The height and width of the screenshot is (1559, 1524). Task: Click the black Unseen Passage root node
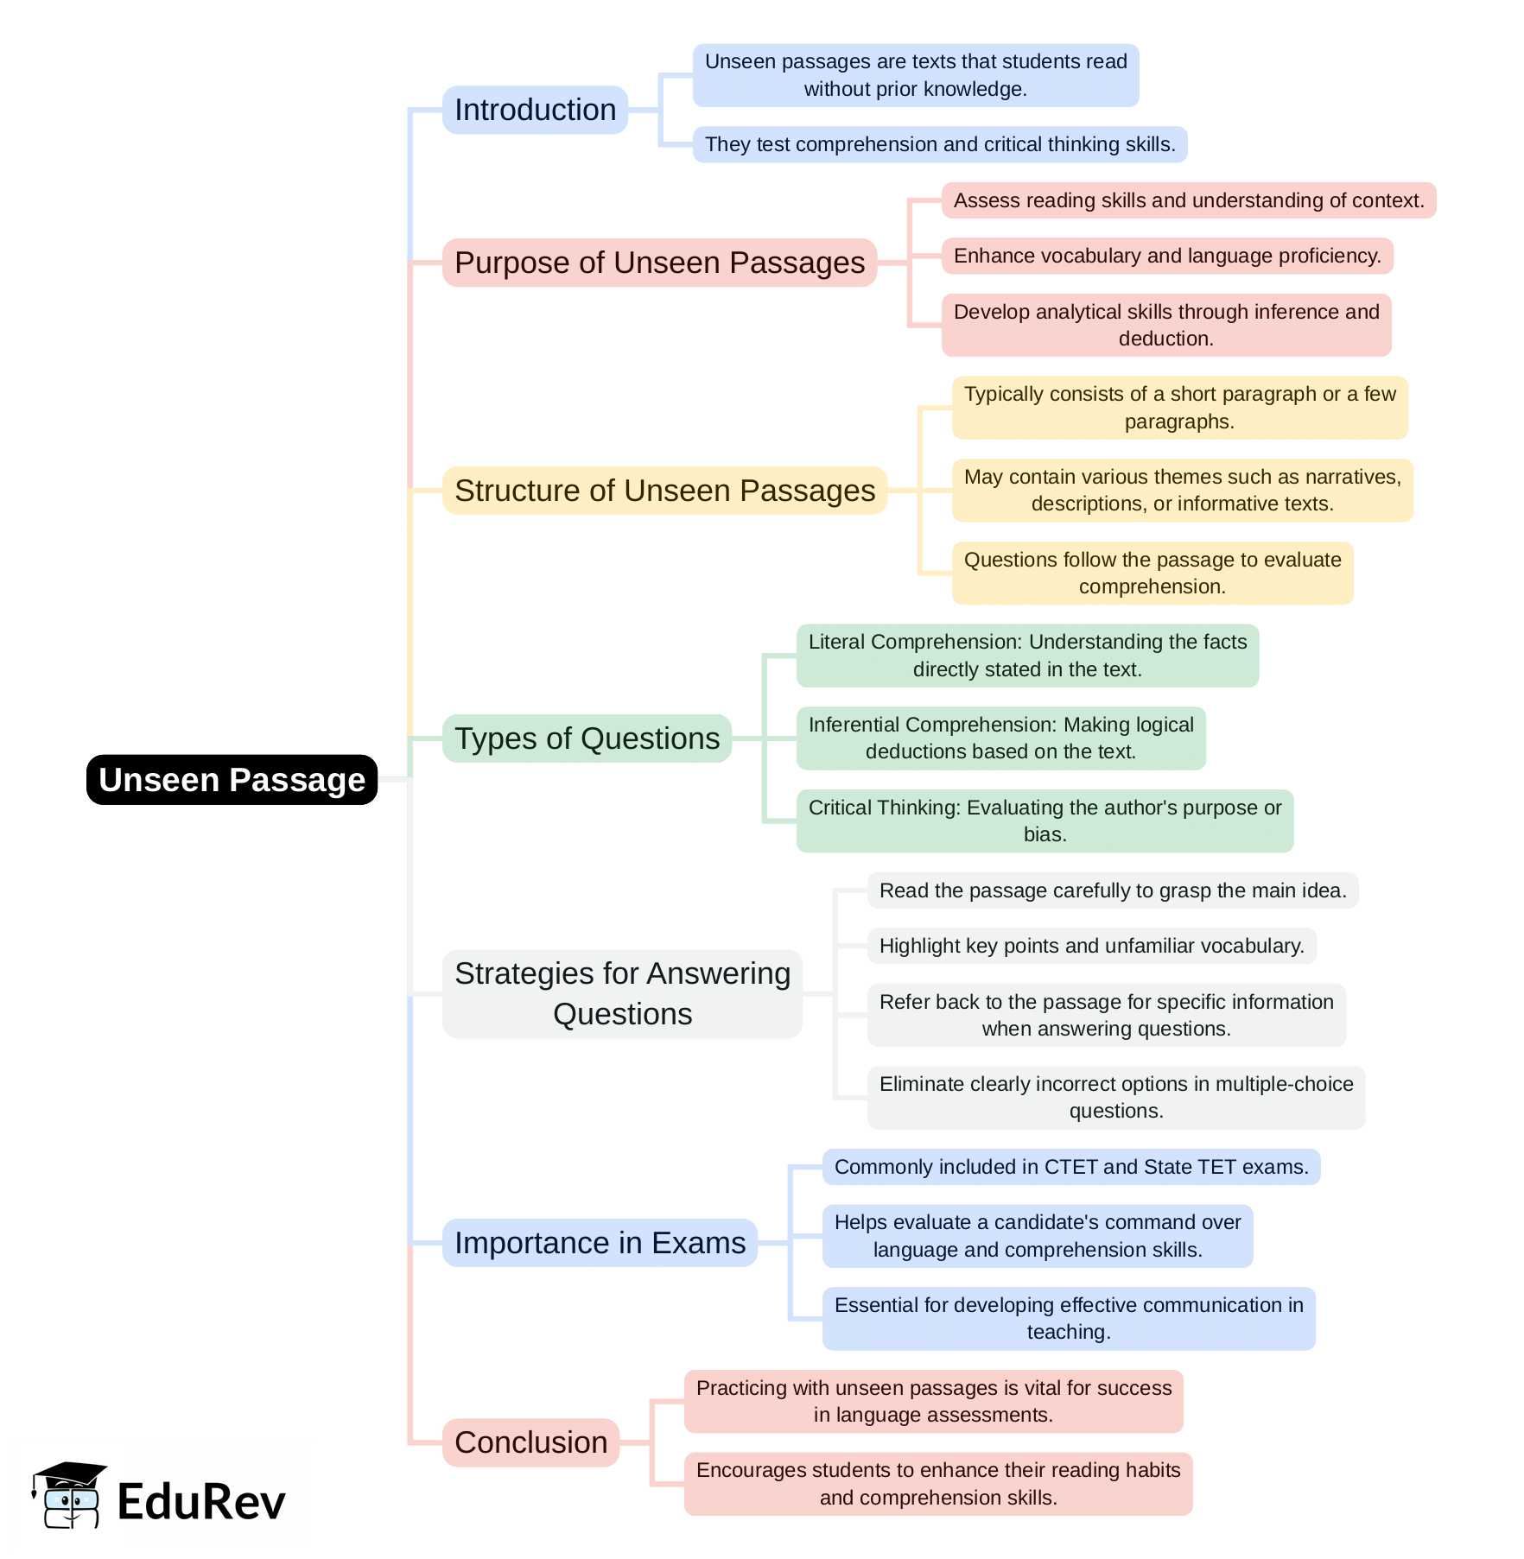pos(232,780)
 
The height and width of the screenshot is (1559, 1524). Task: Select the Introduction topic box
pos(535,110)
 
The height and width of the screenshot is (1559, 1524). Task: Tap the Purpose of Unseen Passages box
pos(659,263)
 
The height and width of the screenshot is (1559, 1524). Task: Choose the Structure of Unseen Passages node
pos(664,491)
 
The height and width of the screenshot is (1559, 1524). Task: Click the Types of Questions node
pos(587,738)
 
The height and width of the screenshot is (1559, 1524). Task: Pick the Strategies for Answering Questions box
pos(622,993)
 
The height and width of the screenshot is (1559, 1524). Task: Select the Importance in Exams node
pos(600,1243)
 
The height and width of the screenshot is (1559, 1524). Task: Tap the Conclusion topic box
pos(530,1442)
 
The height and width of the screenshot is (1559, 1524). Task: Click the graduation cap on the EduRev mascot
pos(69,1473)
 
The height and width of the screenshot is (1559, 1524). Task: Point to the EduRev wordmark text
pos(201,1502)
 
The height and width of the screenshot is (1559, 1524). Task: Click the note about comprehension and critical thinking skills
pos(940,144)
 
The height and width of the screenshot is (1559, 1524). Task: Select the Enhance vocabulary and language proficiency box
pos(1167,256)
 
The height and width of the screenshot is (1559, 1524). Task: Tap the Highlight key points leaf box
pos(1091,946)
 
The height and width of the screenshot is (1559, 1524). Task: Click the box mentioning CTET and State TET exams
pos(1071,1167)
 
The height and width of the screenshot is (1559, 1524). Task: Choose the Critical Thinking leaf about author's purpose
pos(1045,821)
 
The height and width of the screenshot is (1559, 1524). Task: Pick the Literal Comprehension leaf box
pos(1027,656)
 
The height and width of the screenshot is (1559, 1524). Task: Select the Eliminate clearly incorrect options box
pos(1116,1097)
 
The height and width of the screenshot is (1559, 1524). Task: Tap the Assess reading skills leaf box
pos(1189,200)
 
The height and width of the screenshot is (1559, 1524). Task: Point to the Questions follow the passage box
pos(1153,573)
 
